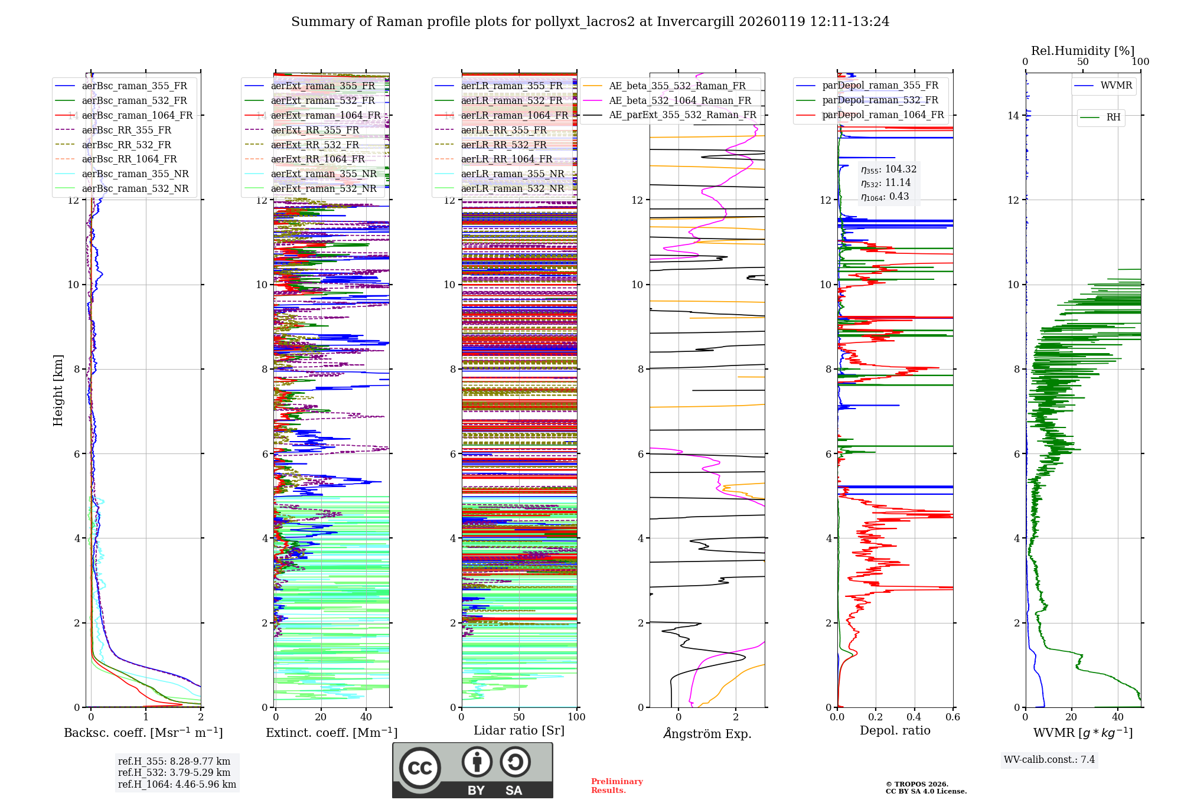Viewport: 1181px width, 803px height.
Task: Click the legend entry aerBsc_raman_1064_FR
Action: (137, 115)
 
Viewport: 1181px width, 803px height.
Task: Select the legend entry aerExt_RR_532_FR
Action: (315, 145)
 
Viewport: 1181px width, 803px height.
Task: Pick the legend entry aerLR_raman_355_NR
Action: (512, 174)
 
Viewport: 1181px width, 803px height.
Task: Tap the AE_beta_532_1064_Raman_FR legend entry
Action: (680, 100)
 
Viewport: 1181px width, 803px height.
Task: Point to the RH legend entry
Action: (1113, 117)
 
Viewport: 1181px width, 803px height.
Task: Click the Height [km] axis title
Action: (58, 390)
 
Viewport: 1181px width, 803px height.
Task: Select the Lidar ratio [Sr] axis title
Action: (518, 730)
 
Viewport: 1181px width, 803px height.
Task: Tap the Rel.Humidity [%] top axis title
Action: (1082, 51)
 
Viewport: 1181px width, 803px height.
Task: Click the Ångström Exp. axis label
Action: (707, 733)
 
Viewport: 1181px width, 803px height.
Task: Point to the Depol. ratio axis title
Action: (895, 730)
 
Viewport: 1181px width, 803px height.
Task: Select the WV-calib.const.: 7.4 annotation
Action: (1049, 759)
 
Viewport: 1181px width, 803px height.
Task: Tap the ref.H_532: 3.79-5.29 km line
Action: (174, 772)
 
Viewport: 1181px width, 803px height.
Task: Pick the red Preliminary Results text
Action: (616, 786)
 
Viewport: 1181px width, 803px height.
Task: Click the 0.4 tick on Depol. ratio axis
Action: (914, 717)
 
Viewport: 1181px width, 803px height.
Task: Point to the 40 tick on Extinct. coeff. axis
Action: (366, 717)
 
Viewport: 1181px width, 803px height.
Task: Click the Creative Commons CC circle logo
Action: (420, 768)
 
